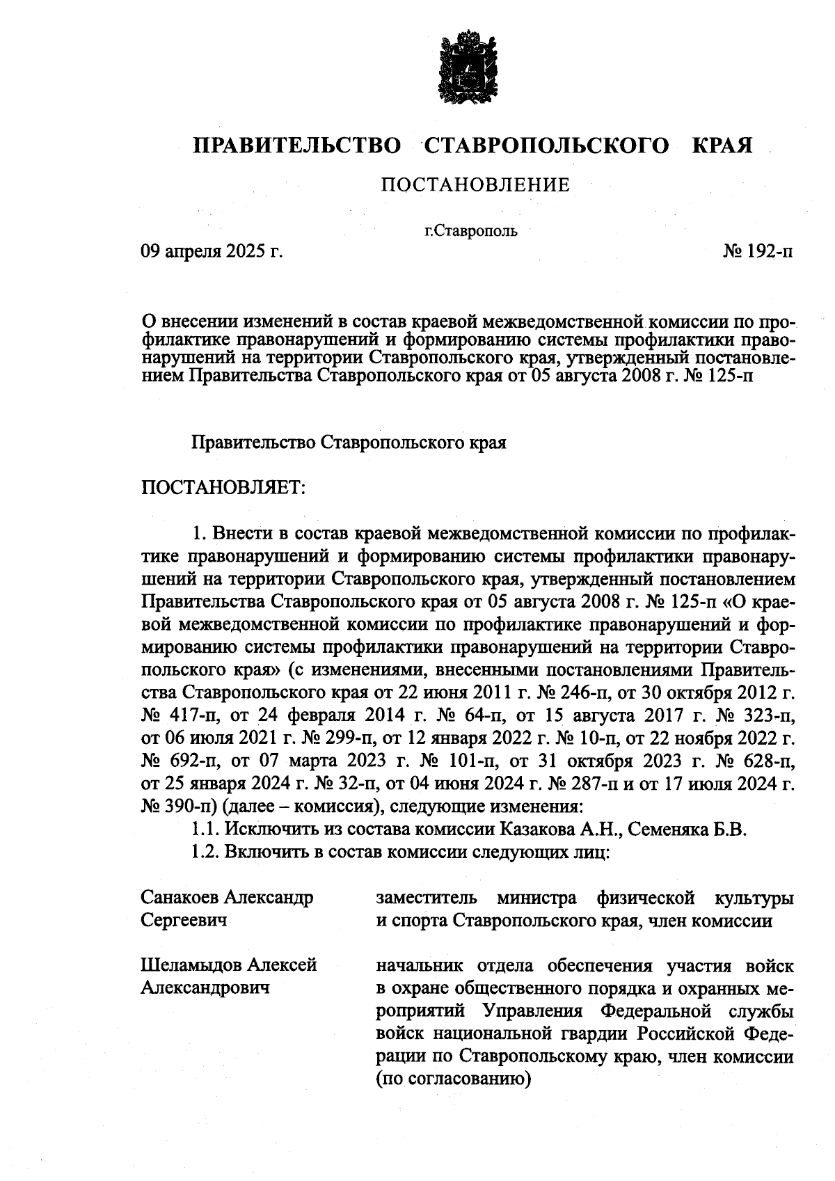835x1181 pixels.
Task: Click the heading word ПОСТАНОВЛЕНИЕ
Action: (475, 185)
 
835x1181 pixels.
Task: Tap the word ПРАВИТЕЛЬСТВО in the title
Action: (298, 146)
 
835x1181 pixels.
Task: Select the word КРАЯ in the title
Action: (722, 146)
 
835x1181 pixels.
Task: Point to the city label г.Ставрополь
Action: (471, 231)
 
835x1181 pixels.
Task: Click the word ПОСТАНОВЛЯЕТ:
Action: (223, 486)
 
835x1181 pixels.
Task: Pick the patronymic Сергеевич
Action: (184, 921)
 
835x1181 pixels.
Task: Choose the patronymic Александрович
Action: (205, 988)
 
